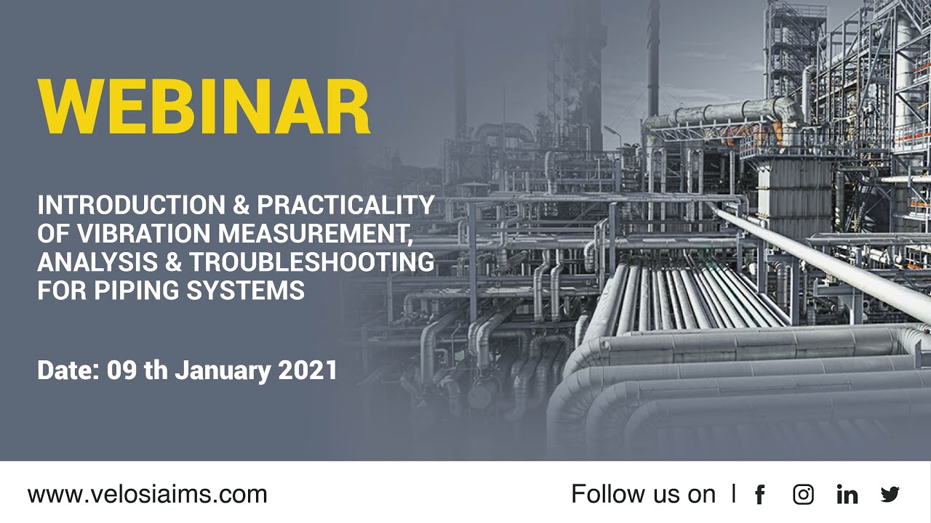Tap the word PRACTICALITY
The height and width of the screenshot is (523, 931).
tap(345, 206)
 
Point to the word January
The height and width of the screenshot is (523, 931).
tap(223, 370)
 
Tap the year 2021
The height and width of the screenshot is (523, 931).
tap(308, 370)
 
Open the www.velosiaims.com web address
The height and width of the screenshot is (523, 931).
tap(148, 495)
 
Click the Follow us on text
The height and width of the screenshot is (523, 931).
tap(643, 495)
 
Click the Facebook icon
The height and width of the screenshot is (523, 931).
tap(760, 495)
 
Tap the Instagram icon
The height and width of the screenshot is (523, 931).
tap(803, 495)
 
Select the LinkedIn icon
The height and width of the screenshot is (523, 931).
tap(847, 495)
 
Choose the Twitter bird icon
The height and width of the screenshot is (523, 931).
tap(890, 495)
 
